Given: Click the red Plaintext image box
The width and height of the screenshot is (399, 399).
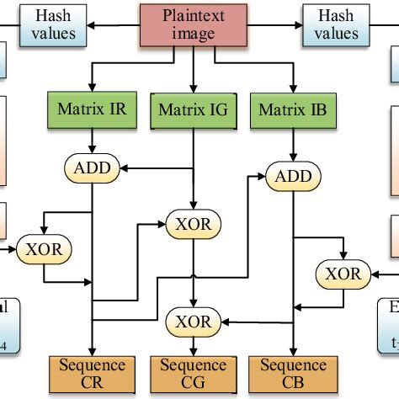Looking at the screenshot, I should click(193, 24).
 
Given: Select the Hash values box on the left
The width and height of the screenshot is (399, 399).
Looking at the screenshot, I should click(54, 24).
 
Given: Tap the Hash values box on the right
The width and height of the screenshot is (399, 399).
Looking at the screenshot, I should click(336, 24).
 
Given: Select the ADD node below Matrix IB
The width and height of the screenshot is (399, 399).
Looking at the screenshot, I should click(292, 176).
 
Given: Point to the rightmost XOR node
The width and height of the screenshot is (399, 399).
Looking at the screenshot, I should click(342, 273).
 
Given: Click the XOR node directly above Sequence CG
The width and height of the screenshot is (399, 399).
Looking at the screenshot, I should click(194, 320).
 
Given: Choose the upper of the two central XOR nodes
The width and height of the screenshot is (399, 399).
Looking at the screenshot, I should click(194, 225).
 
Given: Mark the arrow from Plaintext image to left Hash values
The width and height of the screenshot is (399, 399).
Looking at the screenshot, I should click(114, 24).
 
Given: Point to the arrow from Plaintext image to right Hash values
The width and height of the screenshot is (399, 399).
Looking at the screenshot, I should click(270, 24).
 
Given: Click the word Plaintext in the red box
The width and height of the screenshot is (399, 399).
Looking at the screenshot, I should click(193, 15).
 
